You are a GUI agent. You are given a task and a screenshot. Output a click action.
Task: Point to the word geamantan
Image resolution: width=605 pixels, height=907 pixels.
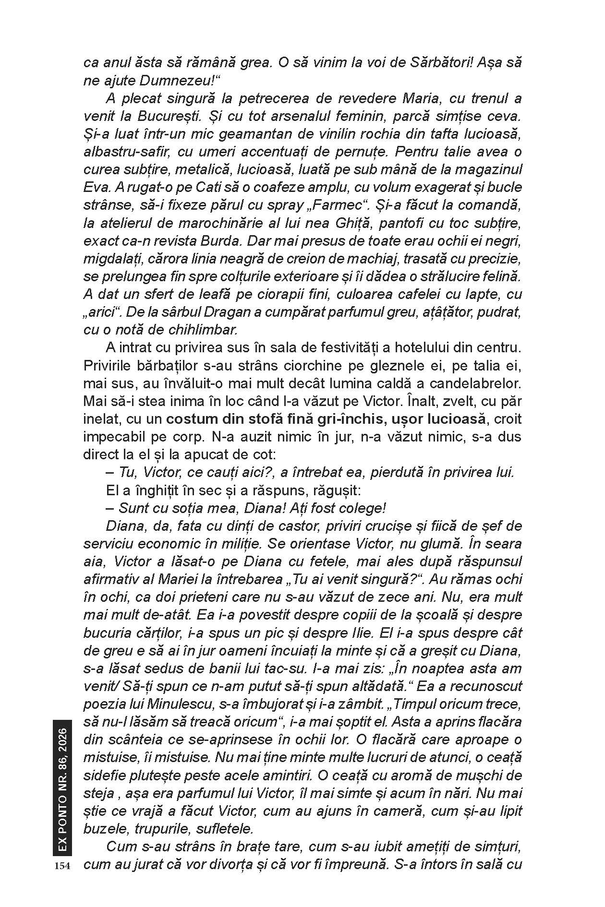(249, 134)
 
